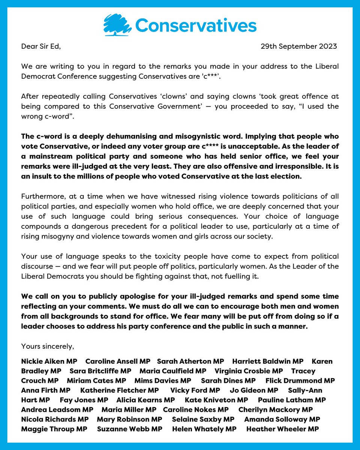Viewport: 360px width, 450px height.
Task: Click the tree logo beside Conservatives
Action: coord(117,25)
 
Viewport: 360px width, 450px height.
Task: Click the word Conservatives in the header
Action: coord(196,26)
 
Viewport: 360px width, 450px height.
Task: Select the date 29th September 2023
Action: coord(299,46)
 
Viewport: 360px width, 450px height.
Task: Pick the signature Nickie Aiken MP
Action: coord(49,361)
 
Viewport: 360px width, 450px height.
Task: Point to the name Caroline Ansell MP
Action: coord(118,361)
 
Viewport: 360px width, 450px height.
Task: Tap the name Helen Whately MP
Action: coord(204,429)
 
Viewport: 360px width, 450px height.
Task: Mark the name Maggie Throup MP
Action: coord(54,429)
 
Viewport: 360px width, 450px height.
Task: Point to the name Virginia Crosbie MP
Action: coord(249,371)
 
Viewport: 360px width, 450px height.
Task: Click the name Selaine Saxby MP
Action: coord(203,419)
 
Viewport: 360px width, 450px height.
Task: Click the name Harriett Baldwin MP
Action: coord(268,361)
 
